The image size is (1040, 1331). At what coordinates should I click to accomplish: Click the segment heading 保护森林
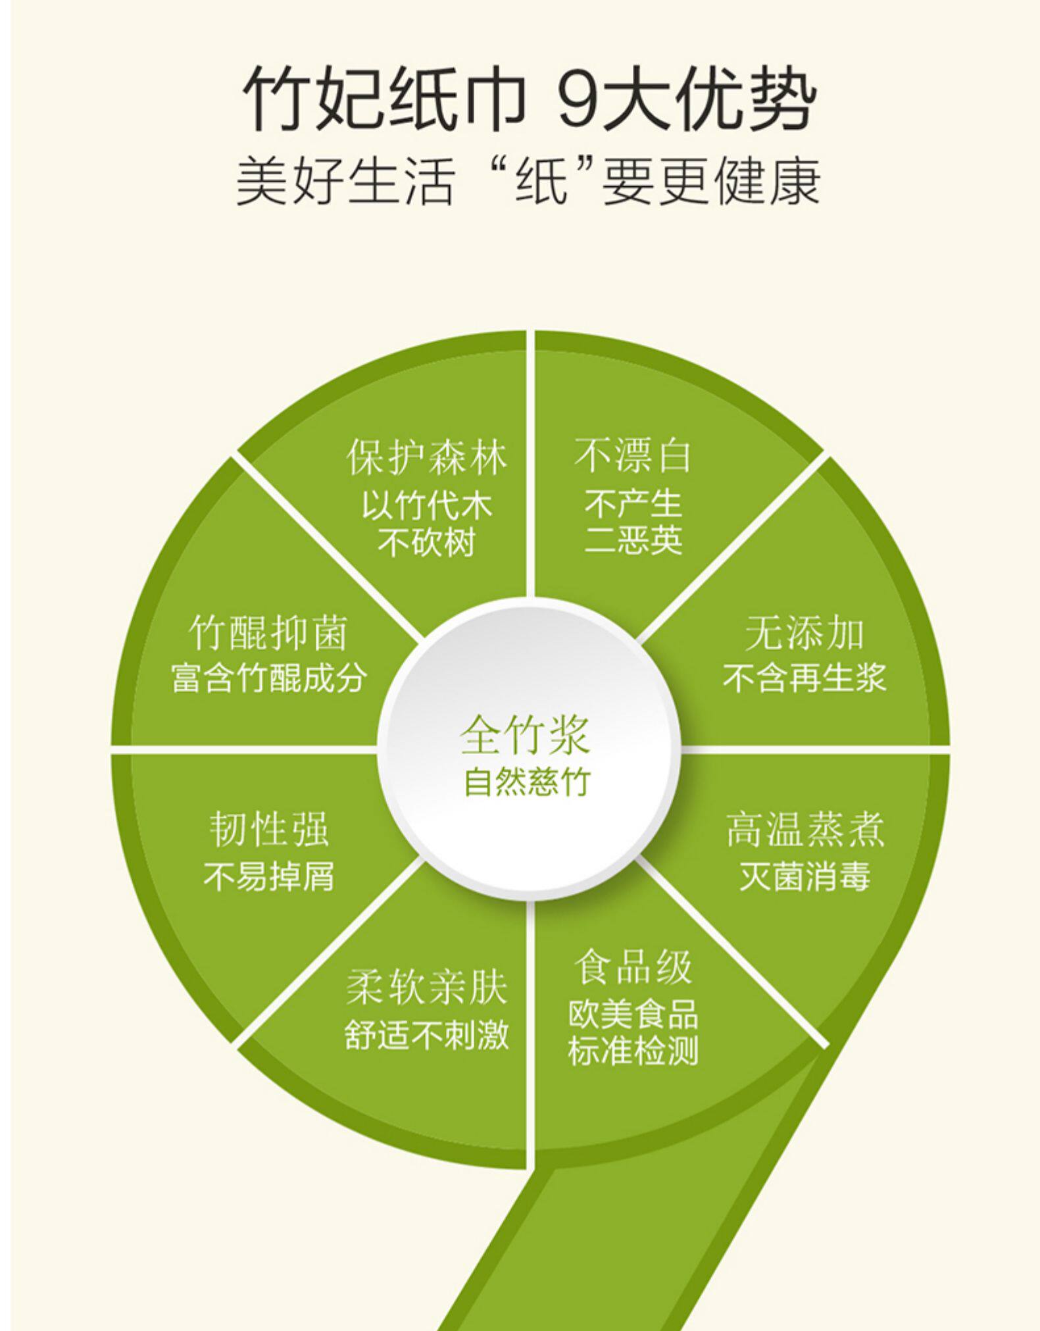[x=427, y=457]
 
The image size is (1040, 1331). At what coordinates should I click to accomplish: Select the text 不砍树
[x=426, y=543]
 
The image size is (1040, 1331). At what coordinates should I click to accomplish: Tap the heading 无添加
[x=804, y=633]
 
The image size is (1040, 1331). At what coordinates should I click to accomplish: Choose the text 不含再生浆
[x=804, y=678]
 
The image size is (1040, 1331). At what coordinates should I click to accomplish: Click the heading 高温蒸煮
[x=805, y=830]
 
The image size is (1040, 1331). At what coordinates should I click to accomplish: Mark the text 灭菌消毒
[x=805, y=876]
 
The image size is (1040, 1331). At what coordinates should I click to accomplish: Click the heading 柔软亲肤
[x=426, y=988]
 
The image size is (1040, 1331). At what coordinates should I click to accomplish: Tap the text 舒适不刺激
[x=426, y=1034]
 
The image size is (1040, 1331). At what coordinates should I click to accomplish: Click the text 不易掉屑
[x=268, y=876]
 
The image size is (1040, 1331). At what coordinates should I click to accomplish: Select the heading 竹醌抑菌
[x=268, y=633]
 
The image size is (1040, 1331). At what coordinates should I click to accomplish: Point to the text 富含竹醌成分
[x=268, y=678]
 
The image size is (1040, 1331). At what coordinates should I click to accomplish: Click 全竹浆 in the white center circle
[x=524, y=735]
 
